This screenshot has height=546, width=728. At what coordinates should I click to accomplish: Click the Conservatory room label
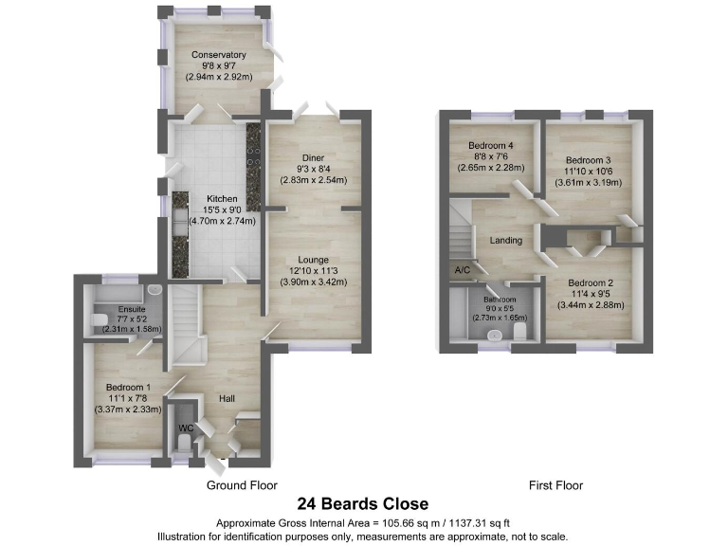(x=219, y=55)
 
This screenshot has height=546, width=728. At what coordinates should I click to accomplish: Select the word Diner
(x=314, y=158)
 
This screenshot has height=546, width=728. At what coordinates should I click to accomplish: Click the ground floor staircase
(x=186, y=327)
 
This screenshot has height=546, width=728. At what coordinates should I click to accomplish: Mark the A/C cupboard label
(x=463, y=270)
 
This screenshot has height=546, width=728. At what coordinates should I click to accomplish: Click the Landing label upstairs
(x=505, y=241)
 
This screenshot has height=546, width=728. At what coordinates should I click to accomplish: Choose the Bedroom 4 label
(x=491, y=145)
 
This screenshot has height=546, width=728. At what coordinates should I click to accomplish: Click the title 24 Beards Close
(x=363, y=504)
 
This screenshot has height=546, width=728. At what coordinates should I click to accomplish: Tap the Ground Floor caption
(x=242, y=485)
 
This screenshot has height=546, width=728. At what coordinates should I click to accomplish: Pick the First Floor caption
(x=555, y=485)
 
